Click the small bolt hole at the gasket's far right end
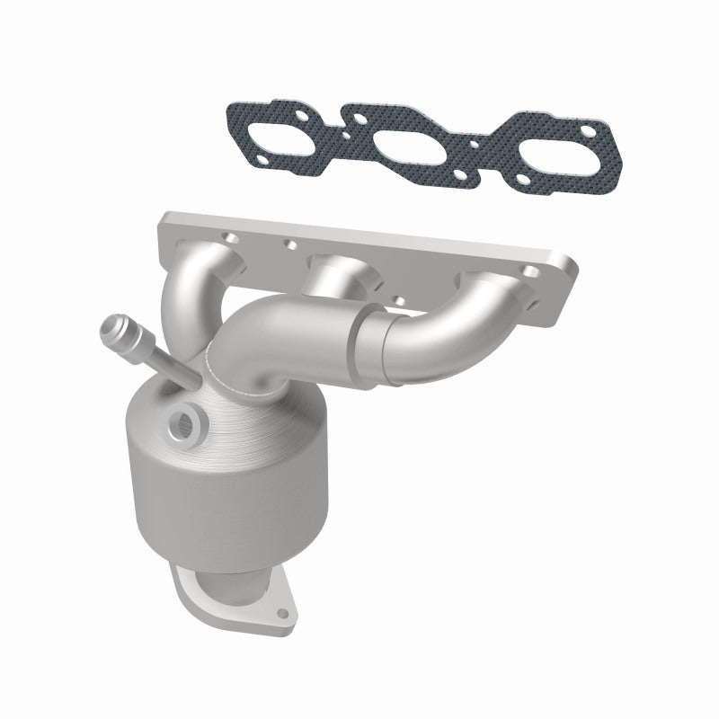(589, 135)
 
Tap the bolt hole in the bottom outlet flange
(285, 616)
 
